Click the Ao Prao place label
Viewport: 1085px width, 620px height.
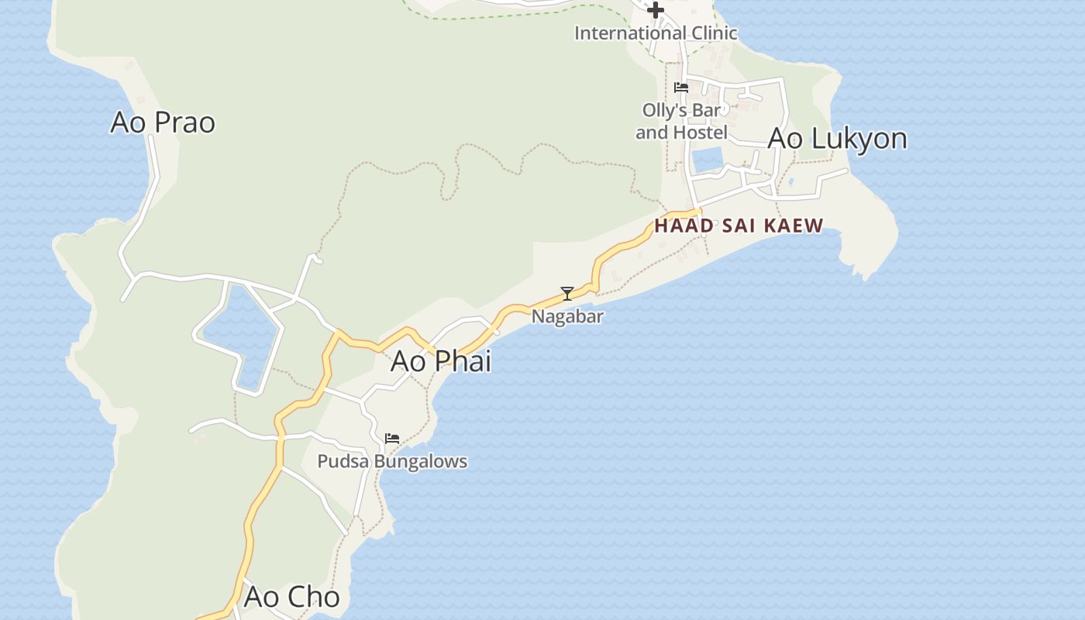163,122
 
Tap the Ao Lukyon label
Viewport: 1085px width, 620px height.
837,139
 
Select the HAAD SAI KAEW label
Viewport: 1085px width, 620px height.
739,226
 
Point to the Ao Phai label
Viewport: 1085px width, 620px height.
441,361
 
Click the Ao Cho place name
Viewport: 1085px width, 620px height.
291,597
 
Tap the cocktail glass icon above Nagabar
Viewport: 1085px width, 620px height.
567,294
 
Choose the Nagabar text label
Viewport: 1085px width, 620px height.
567,316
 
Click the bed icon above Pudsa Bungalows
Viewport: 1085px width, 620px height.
392,439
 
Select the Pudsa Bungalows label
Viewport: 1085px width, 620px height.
392,461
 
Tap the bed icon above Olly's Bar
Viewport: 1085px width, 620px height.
681,88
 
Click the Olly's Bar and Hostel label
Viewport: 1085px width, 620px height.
681,122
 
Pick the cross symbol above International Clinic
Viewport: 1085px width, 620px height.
656,10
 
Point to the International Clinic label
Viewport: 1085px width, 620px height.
656,33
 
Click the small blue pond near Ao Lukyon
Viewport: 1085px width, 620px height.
707,160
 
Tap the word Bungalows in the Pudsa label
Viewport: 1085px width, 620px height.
420,461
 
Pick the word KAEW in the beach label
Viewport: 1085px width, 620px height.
793,226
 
